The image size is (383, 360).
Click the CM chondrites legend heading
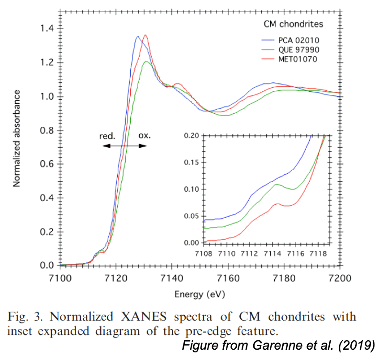tap(293, 24)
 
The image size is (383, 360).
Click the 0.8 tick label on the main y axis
tap(47, 131)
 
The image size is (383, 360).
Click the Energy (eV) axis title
tap(200, 294)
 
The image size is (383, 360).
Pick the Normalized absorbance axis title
tap(17, 138)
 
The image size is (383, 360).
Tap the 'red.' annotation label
tap(107, 136)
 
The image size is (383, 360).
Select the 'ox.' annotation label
tap(144, 136)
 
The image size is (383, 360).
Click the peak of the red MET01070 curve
tap(145, 35)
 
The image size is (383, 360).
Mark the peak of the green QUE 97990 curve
tap(146, 61)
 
